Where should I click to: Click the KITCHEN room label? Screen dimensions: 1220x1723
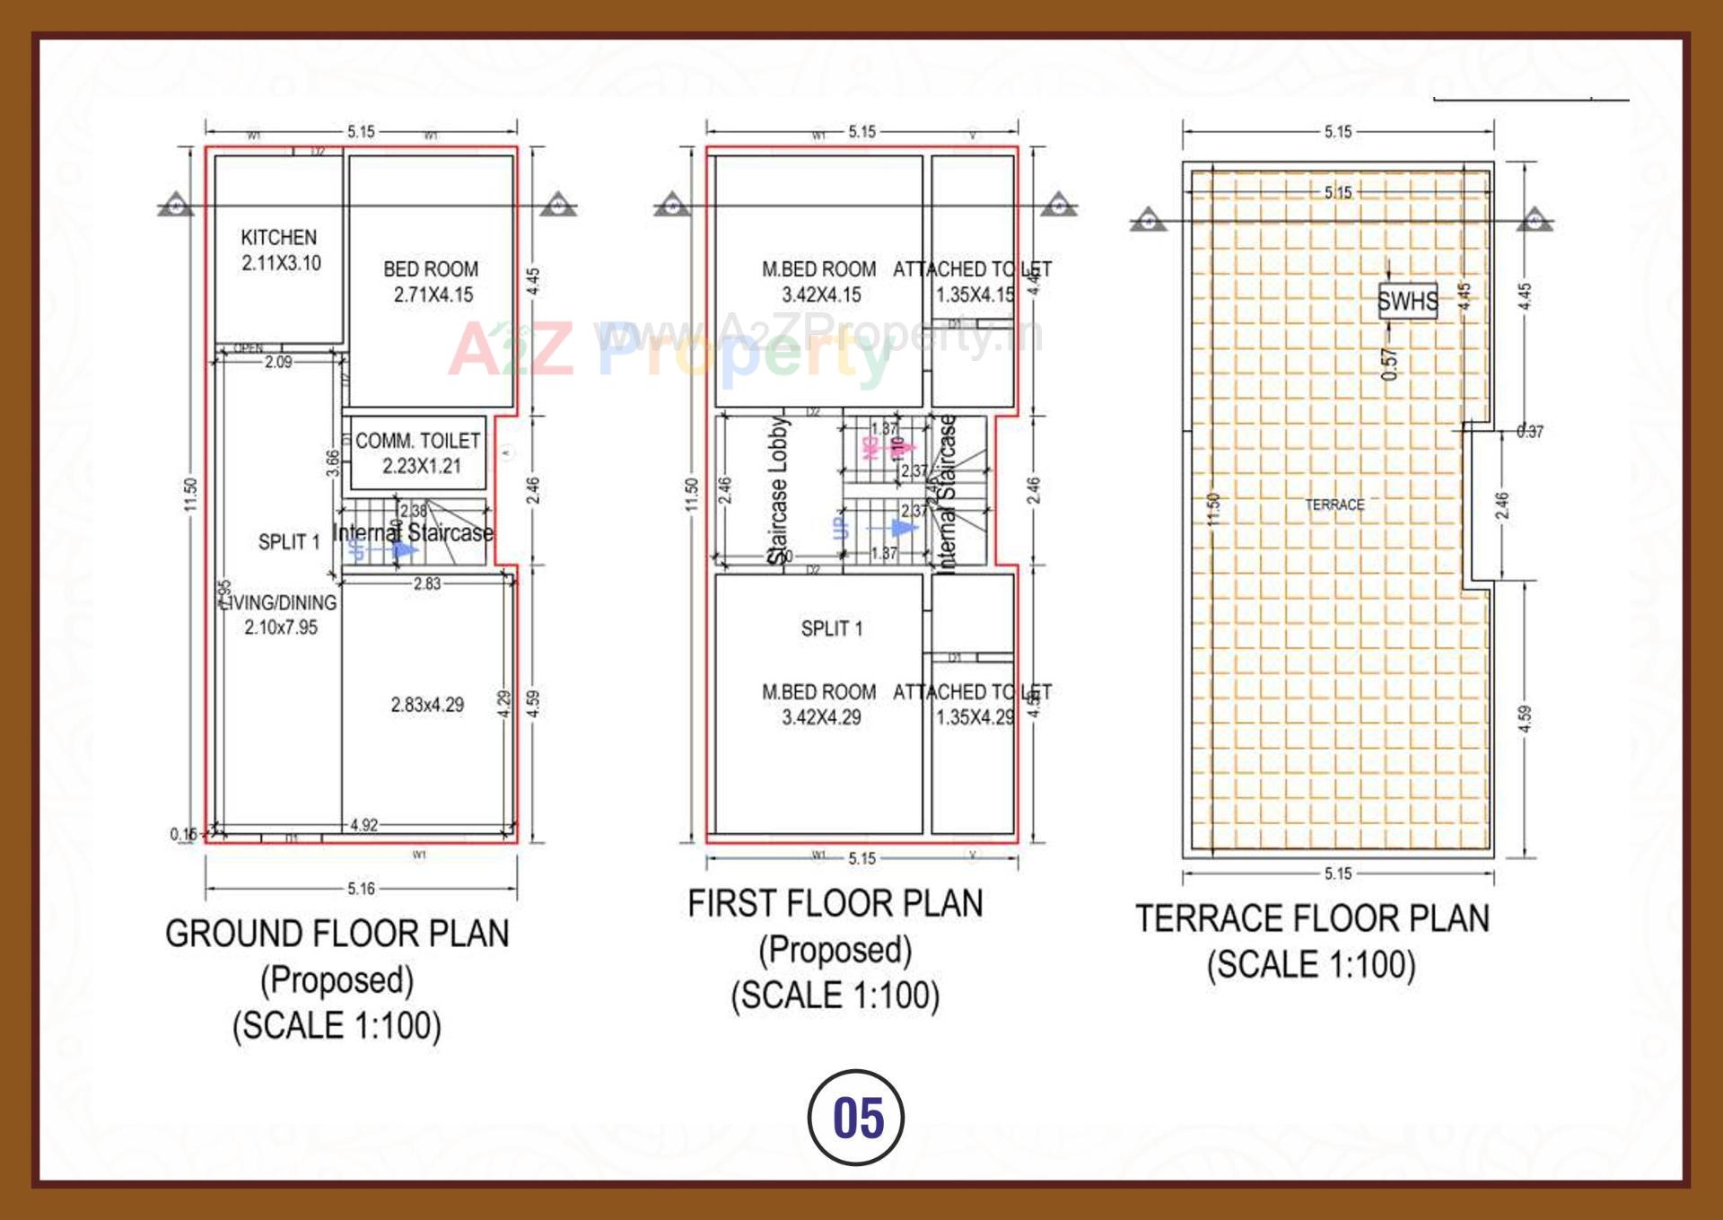pyautogui.click(x=278, y=238)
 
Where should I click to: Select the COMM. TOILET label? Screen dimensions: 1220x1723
pyautogui.click(x=417, y=441)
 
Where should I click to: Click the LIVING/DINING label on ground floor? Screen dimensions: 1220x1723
pyautogui.click(x=281, y=603)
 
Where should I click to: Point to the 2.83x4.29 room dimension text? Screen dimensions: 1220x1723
pyautogui.click(x=427, y=705)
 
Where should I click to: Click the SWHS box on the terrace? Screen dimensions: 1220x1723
pyautogui.click(x=1407, y=302)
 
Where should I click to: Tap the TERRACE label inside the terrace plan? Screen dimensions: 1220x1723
pyautogui.click(x=1334, y=505)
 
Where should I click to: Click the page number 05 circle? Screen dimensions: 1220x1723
pyautogui.click(x=856, y=1118)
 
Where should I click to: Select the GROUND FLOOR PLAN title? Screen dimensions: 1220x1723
pyautogui.click(x=337, y=934)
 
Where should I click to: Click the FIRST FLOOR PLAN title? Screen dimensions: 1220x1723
pyautogui.click(x=835, y=903)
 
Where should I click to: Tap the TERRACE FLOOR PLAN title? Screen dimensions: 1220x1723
pyautogui.click(x=1311, y=918)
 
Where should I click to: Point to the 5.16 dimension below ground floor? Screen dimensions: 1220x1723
pyautogui.click(x=361, y=889)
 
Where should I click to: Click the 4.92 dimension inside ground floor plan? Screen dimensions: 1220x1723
pyautogui.click(x=363, y=825)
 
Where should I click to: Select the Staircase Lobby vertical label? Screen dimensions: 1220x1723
pyautogui.click(x=777, y=489)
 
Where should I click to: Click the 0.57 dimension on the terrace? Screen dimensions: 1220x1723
pyautogui.click(x=1389, y=364)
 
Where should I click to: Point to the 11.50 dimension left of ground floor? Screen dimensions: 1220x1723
pyautogui.click(x=190, y=495)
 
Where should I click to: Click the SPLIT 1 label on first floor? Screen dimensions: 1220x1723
pyautogui.click(x=831, y=628)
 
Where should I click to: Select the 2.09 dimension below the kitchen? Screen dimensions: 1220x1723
pyautogui.click(x=278, y=363)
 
